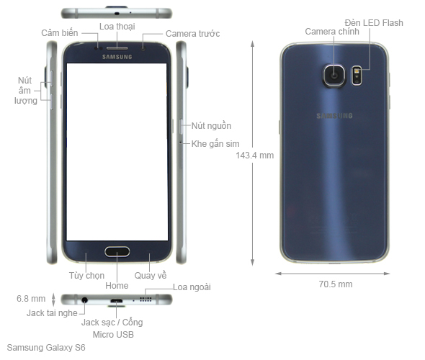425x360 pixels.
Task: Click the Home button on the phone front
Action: pyautogui.click(x=117, y=252)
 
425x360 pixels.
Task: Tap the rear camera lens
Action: pyautogui.click(x=334, y=75)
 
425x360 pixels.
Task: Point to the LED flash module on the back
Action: pyautogui.click(x=357, y=76)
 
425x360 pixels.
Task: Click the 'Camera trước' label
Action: pyautogui.click(x=192, y=34)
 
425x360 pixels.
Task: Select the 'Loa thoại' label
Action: pyautogui.click(x=117, y=27)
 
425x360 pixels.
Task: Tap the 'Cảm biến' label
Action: pyautogui.click(x=60, y=33)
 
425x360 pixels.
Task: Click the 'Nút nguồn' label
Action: pyautogui.click(x=211, y=126)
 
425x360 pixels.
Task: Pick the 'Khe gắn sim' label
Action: pyautogui.click(x=215, y=144)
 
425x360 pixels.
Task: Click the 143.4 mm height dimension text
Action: pyautogui.click(x=254, y=156)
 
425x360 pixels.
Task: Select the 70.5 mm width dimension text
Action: pyautogui.click(x=336, y=284)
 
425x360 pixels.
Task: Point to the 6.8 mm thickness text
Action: pyautogui.click(x=31, y=299)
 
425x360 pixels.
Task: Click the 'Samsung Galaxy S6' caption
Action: pyautogui.click(x=46, y=348)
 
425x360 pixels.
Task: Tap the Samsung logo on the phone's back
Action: pyautogui.click(x=334, y=116)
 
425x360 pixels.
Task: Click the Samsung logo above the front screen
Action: pyautogui.click(x=117, y=57)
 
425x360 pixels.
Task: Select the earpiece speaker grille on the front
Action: pyautogui.click(x=117, y=48)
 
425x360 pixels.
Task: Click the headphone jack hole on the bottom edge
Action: pyautogui.click(x=85, y=300)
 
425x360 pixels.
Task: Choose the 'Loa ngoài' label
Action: pyautogui.click(x=192, y=287)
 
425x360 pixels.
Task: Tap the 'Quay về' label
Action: pyautogui.click(x=151, y=276)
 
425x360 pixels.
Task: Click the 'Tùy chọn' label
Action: pyautogui.click(x=86, y=276)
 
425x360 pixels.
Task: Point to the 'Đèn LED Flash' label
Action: pyautogui.click(x=374, y=23)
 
